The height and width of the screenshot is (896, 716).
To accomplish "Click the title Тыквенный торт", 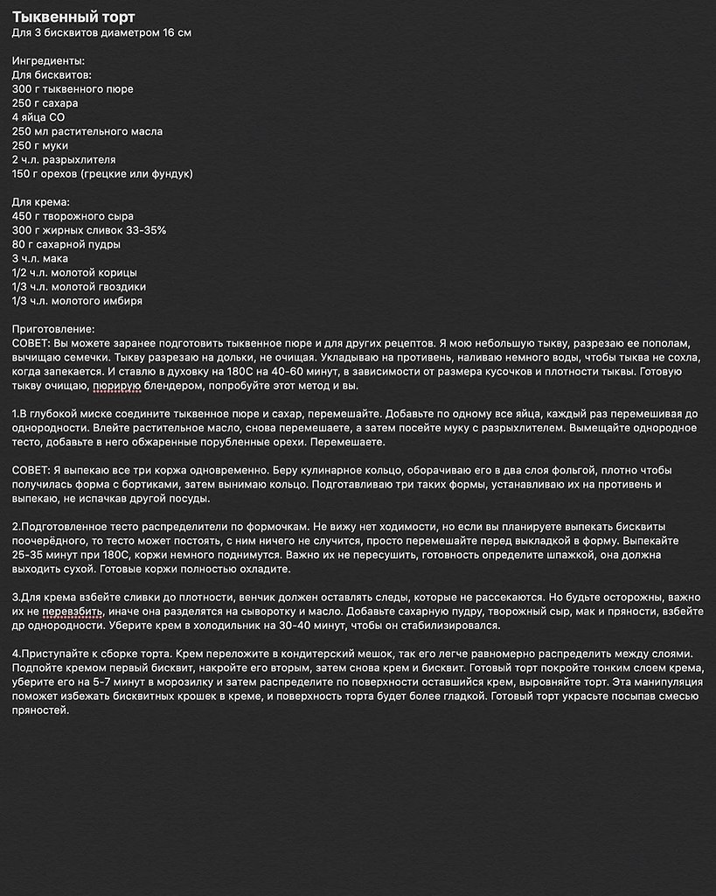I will [x=73, y=17].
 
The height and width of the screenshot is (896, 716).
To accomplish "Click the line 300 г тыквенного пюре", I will [x=73, y=89].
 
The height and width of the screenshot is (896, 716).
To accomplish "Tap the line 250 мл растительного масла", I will [x=87, y=131].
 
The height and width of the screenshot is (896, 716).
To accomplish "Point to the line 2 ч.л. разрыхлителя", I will [x=64, y=160].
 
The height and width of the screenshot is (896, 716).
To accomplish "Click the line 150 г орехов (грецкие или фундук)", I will [x=102, y=174].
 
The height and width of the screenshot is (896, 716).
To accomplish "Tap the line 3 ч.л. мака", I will [x=40, y=259].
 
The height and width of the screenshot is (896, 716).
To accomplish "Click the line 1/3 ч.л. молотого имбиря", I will [x=77, y=301].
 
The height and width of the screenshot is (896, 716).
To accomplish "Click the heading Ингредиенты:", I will [x=49, y=61].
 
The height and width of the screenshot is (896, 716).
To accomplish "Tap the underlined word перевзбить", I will [x=75, y=612].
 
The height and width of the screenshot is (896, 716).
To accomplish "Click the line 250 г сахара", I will [x=45, y=103].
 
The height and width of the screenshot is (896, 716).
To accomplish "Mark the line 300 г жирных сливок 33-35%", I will [x=89, y=230].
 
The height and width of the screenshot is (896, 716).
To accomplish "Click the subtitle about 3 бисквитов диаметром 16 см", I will [x=101, y=33].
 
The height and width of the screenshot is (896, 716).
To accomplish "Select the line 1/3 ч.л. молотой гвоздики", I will [x=79, y=287].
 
